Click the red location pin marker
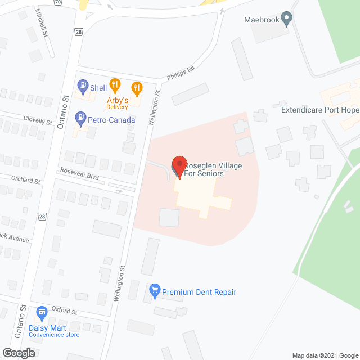pyautogui.click(x=179, y=165)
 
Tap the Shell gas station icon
pyautogui.click(x=83, y=87)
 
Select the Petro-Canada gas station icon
pyautogui.click(x=79, y=119)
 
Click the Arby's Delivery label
pyautogui.click(x=118, y=103)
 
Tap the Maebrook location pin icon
pyautogui.click(x=286, y=19)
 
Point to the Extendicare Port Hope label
pyautogui.click(x=319, y=110)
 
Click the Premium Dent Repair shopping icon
pyautogui.click(x=154, y=291)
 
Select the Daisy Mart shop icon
pyautogui.click(x=40, y=312)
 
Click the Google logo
pyautogui.click(x=18, y=353)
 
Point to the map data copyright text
pyautogui.click(x=325, y=355)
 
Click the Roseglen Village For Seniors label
pyautogui.click(x=205, y=169)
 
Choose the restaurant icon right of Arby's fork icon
pyautogui.click(x=136, y=87)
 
